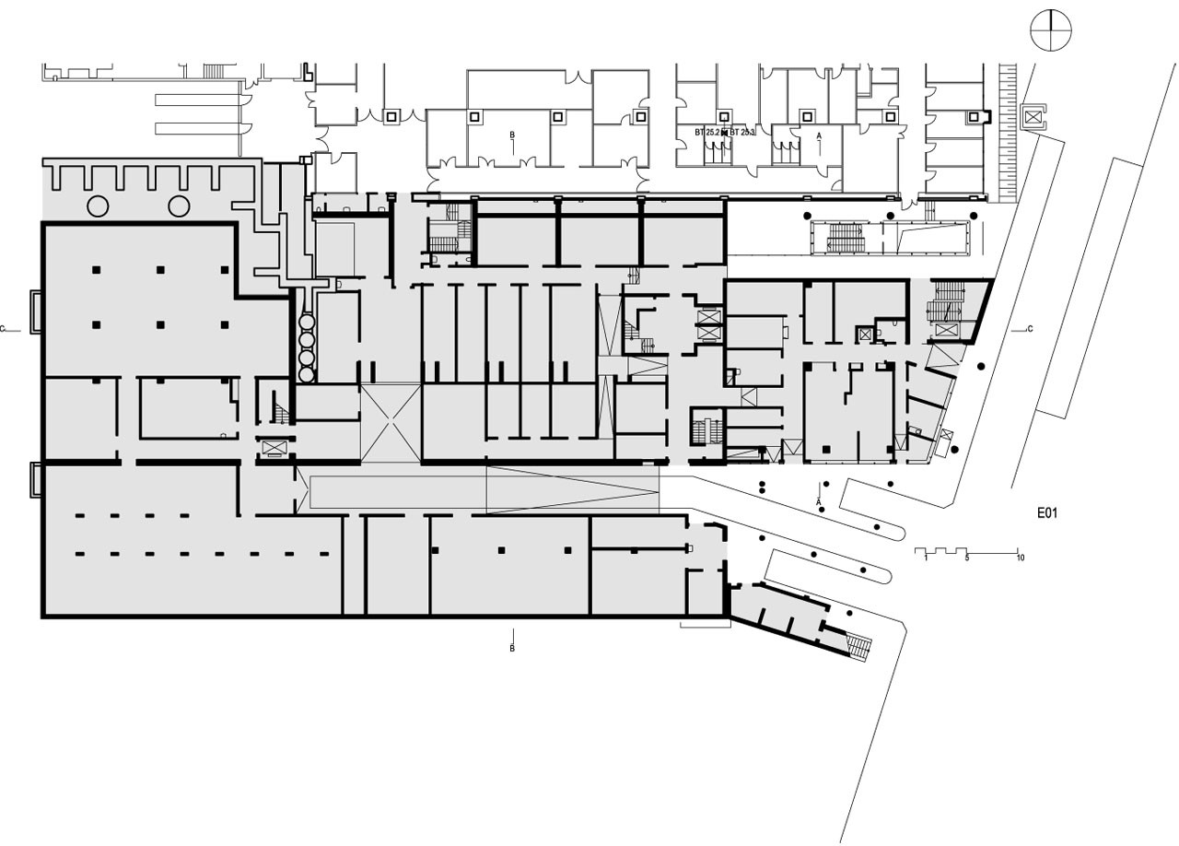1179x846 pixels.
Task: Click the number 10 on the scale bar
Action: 1020,558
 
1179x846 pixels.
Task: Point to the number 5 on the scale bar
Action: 967,558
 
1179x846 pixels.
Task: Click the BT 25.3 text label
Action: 742,134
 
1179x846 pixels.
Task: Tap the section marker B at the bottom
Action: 512,648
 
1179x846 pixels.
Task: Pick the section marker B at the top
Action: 512,135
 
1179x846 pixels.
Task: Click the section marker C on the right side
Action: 1029,329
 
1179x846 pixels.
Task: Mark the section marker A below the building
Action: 819,500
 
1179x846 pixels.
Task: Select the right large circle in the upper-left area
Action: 179,205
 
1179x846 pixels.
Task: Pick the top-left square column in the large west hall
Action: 95,269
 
